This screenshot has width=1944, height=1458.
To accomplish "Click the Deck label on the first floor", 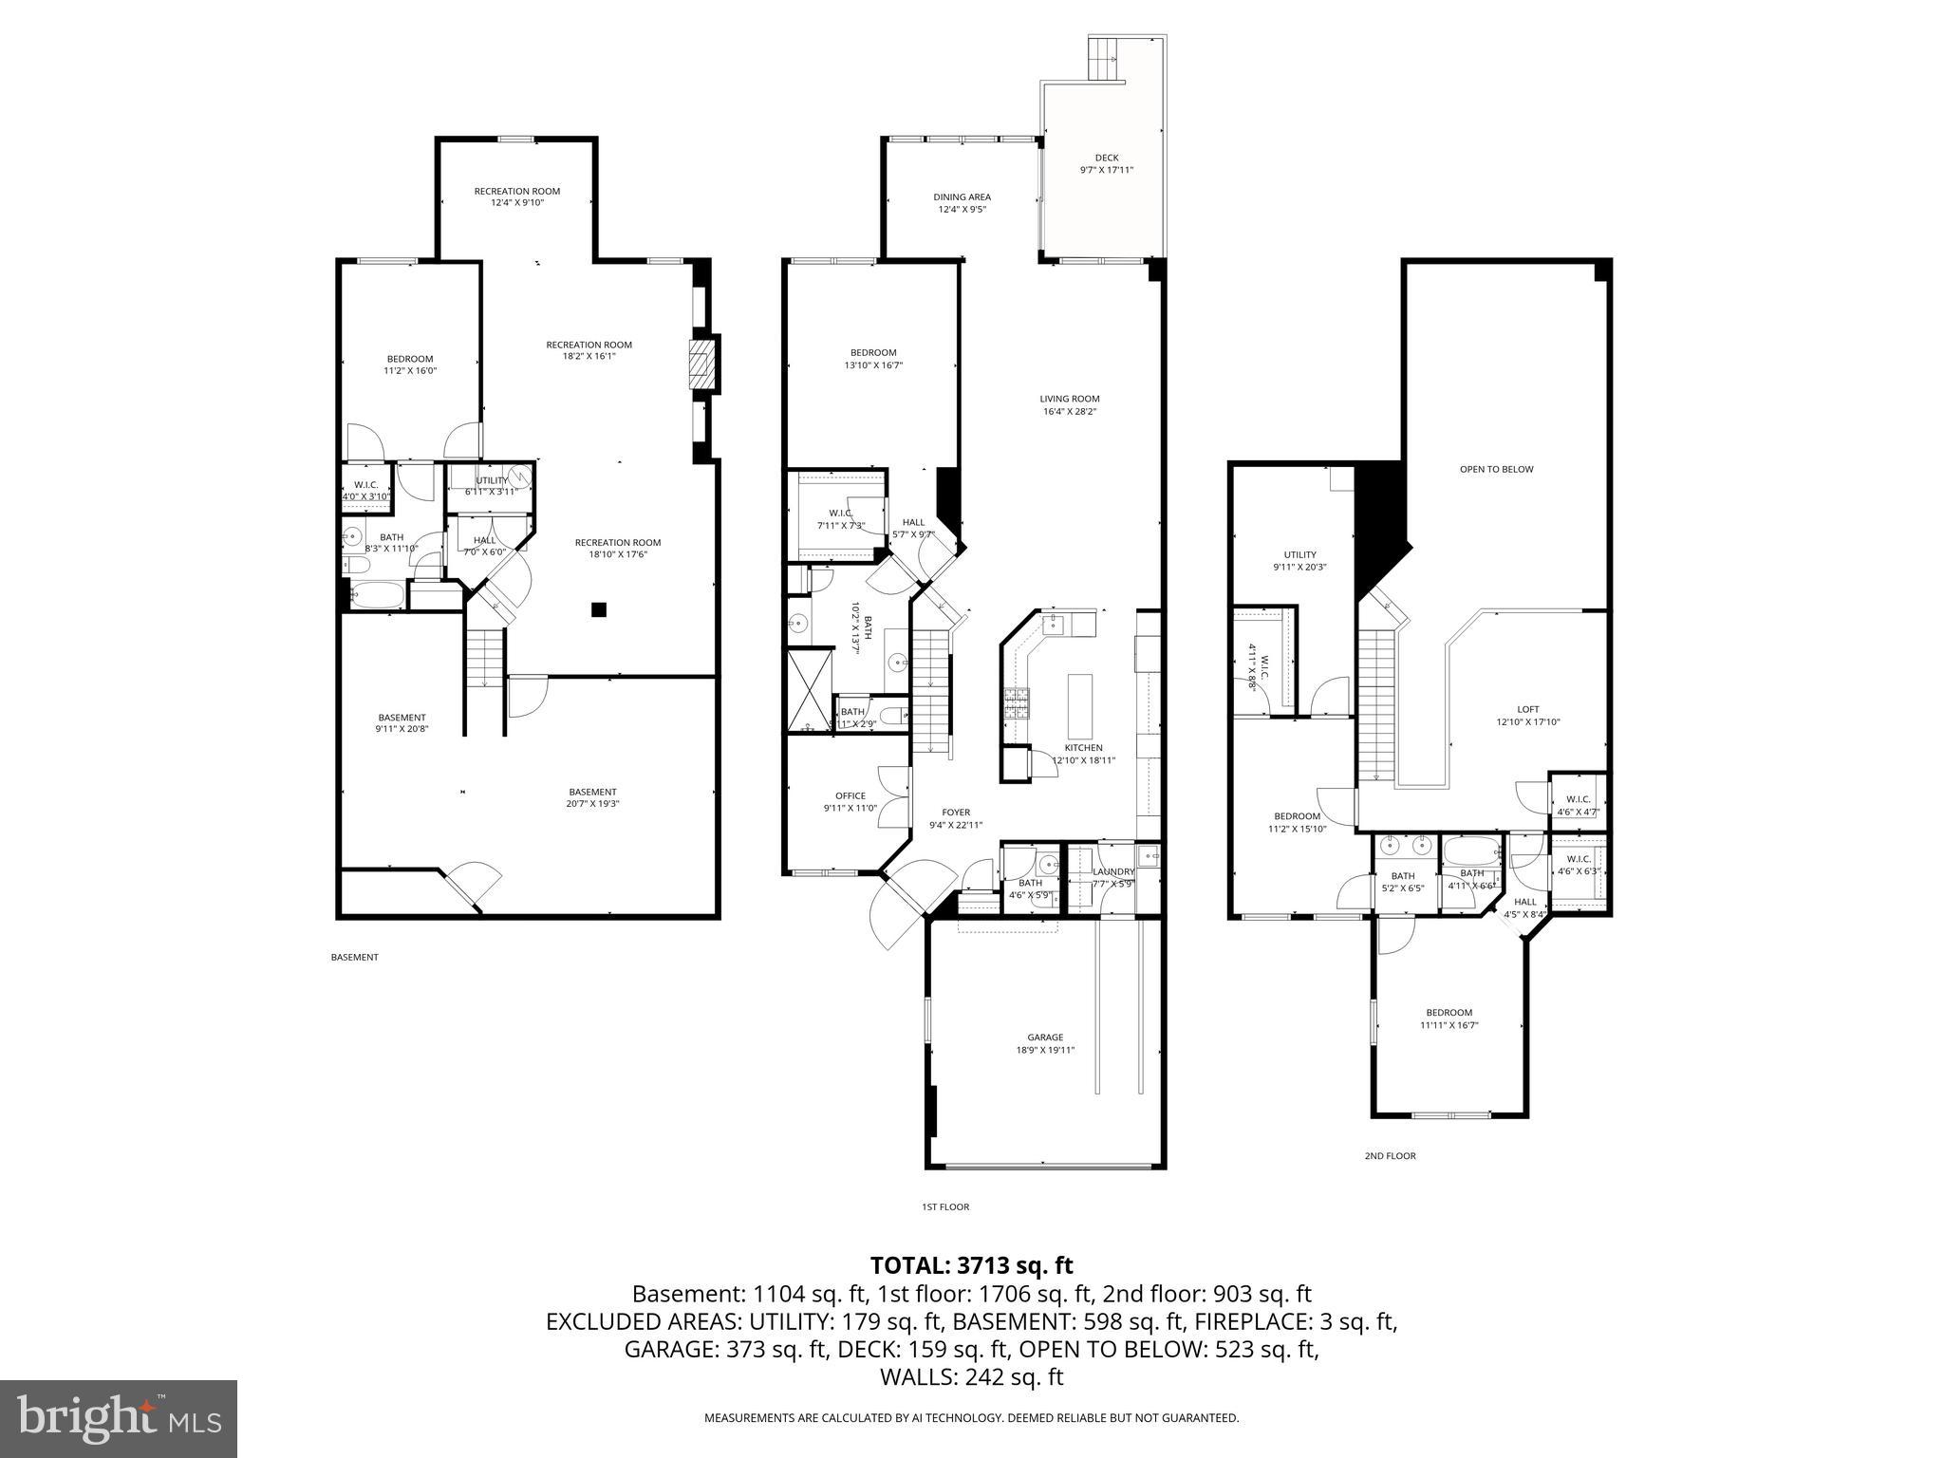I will [1106, 158].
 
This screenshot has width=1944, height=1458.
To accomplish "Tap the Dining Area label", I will [963, 197].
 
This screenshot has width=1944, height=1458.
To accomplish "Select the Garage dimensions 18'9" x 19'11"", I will [1045, 1050].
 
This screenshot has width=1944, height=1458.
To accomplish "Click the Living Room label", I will [1069, 399].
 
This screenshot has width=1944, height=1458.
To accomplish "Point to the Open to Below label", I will [1496, 469].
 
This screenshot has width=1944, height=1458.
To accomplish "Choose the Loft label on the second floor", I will [1527, 709].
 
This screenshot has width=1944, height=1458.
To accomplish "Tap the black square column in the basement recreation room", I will [598, 610].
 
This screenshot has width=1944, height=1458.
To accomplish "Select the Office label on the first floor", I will [850, 795].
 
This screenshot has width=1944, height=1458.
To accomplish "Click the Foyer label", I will [956, 813].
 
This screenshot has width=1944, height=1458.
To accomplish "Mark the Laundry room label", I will [1113, 871].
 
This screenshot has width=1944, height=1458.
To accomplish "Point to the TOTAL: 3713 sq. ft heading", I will [971, 1265].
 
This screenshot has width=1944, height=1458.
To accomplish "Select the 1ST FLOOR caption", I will [945, 1207].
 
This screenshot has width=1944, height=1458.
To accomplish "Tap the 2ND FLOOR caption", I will [1390, 1156].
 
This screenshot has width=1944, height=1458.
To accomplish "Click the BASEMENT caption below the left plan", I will [354, 957].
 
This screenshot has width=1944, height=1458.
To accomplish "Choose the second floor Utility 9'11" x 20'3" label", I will [1299, 555].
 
